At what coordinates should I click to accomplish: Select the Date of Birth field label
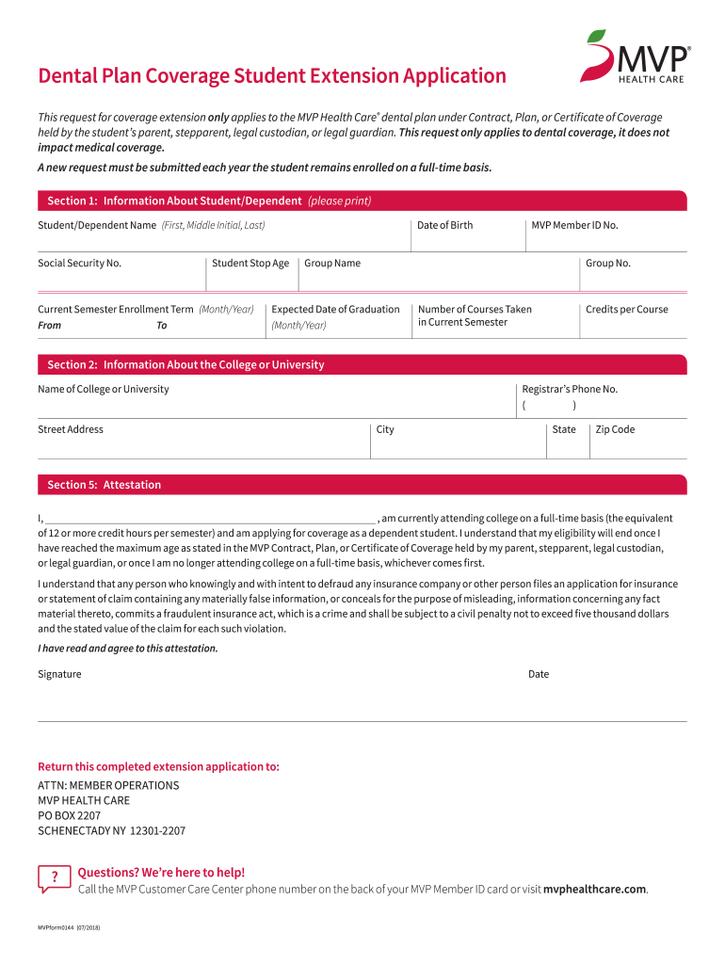(444, 225)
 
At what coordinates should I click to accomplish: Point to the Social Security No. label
(79, 263)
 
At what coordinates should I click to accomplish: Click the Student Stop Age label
(250, 263)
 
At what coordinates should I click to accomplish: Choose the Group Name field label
(331, 263)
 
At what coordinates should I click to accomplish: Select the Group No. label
(607, 263)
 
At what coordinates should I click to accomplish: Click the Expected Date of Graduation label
(335, 309)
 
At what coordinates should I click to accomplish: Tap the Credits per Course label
(626, 309)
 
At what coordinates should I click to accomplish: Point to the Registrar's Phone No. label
(570, 389)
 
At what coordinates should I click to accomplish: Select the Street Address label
(71, 429)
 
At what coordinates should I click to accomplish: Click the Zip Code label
(615, 429)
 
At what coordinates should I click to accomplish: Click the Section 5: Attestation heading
(105, 485)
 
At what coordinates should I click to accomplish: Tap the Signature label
(59, 674)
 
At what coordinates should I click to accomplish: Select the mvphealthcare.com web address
(595, 889)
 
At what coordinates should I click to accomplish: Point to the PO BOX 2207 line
(70, 815)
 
